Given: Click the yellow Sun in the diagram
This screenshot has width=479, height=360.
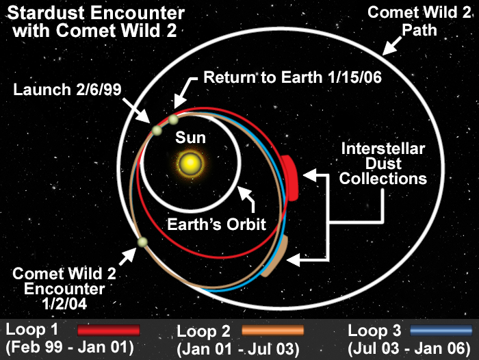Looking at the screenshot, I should tap(190, 164).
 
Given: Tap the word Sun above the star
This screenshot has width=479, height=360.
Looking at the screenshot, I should tap(190, 138).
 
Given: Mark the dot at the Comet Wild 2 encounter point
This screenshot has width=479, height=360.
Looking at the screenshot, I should tap(142, 242).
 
